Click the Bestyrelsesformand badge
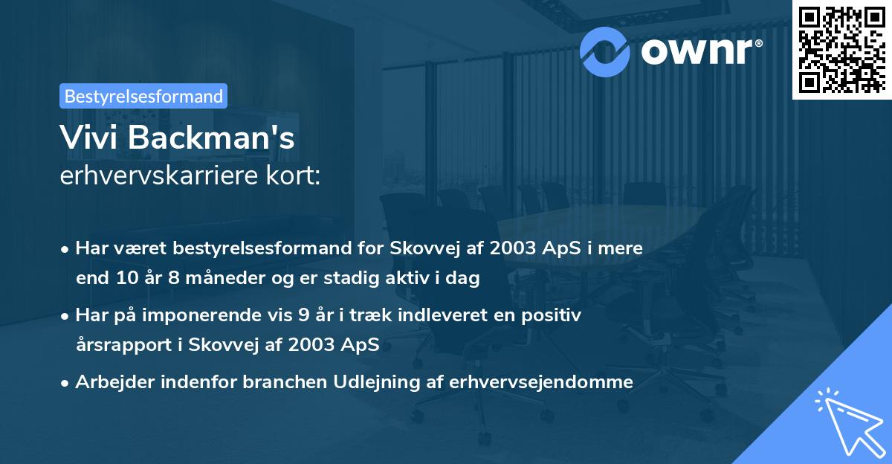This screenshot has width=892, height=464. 143,96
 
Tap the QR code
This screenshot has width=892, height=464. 841,49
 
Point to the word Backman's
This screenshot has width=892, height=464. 215,138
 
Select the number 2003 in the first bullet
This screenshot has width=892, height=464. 512,248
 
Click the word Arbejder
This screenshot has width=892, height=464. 111,382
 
